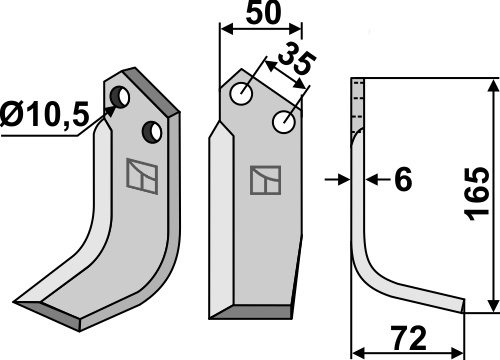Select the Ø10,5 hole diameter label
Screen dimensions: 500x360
(45, 114)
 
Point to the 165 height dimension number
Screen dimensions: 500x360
(478, 194)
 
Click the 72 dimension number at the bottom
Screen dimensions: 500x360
(410, 338)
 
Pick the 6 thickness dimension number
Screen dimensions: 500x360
(403, 179)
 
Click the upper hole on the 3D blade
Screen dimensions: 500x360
(120, 97)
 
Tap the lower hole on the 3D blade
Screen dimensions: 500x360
(152, 132)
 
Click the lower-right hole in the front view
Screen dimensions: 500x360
(283, 122)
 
